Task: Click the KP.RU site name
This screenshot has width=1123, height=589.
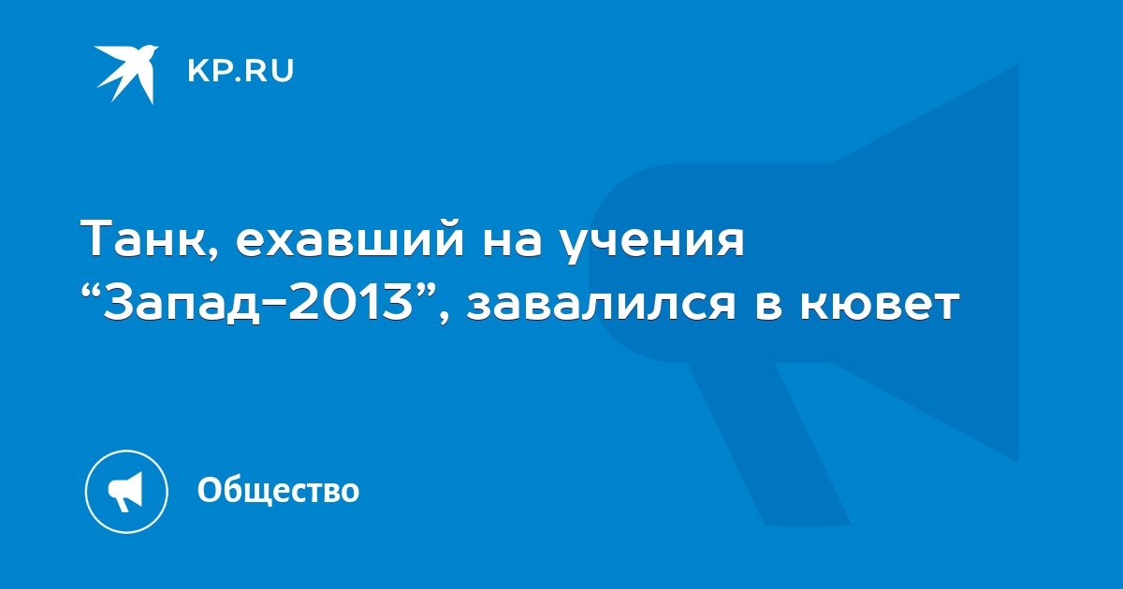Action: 241,71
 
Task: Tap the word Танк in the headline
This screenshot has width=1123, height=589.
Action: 144,239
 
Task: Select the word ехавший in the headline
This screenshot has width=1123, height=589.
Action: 350,239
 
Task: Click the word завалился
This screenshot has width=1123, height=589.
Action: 601,305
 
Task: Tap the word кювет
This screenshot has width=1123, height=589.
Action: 880,305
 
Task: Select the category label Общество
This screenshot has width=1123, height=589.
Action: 278,490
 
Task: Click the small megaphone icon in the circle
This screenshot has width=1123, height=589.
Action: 125,492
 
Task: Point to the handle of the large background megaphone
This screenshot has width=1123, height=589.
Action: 769,444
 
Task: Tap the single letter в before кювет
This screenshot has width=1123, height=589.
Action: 768,305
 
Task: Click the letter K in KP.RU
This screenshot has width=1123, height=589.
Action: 197,71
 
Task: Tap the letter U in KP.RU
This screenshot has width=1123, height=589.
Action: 284,71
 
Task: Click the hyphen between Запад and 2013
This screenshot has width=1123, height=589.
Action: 274,305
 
